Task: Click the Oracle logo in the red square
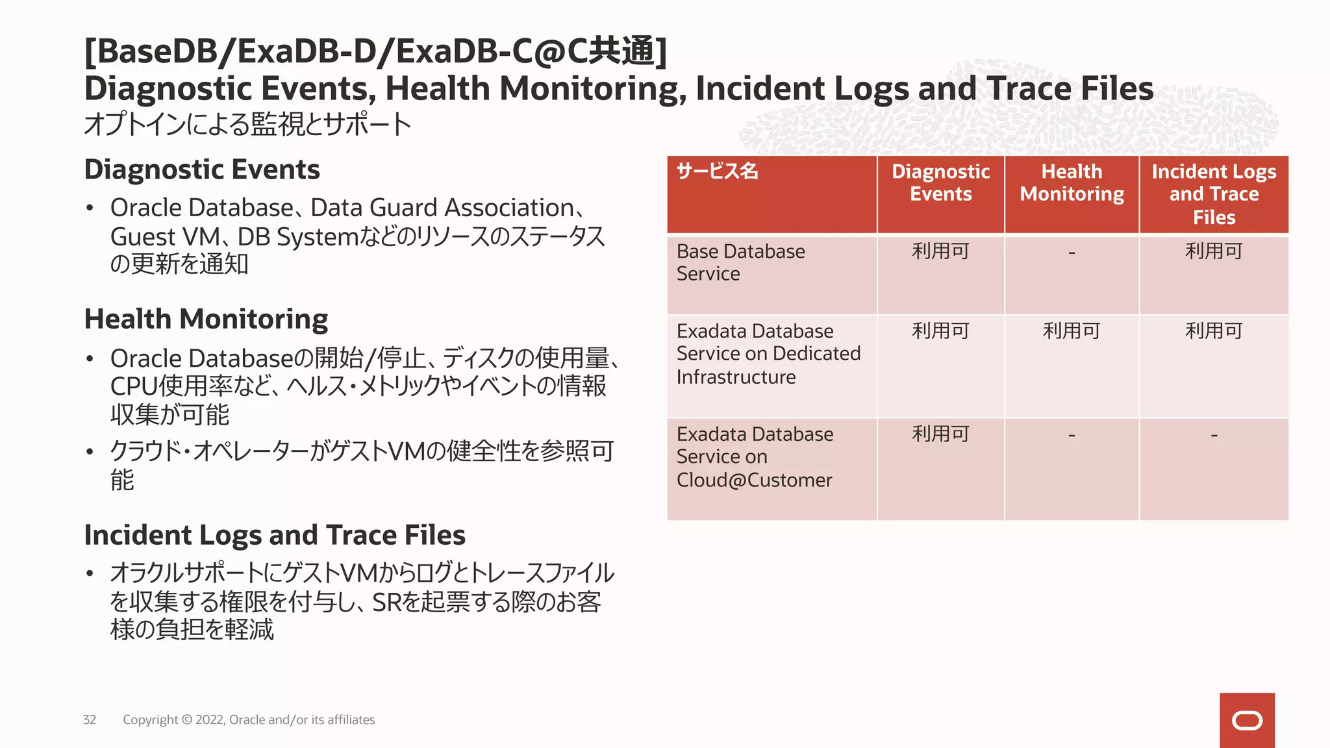(x=1247, y=721)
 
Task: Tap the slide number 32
(x=90, y=719)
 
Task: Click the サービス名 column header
(x=717, y=171)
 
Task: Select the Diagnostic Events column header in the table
(x=940, y=182)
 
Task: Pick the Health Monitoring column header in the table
(x=1072, y=182)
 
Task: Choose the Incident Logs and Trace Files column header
(x=1214, y=194)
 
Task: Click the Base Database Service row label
(x=740, y=262)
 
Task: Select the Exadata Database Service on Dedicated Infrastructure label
(x=768, y=354)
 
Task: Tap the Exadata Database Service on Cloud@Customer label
(x=755, y=457)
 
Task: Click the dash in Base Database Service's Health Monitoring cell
(x=1072, y=253)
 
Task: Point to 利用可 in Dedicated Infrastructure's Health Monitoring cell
(x=1072, y=331)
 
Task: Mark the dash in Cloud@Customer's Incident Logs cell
(x=1214, y=435)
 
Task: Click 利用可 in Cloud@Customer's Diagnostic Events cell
(x=940, y=434)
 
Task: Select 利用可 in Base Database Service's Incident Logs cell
(x=1214, y=251)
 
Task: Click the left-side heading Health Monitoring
(x=206, y=319)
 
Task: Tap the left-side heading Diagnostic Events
(x=202, y=169)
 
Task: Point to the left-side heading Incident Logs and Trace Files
(x=275, y=535)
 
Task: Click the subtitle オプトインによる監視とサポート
(x=247, y=124)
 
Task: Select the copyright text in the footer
(x=249, y=719)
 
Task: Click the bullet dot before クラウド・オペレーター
(x=90, y=452)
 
